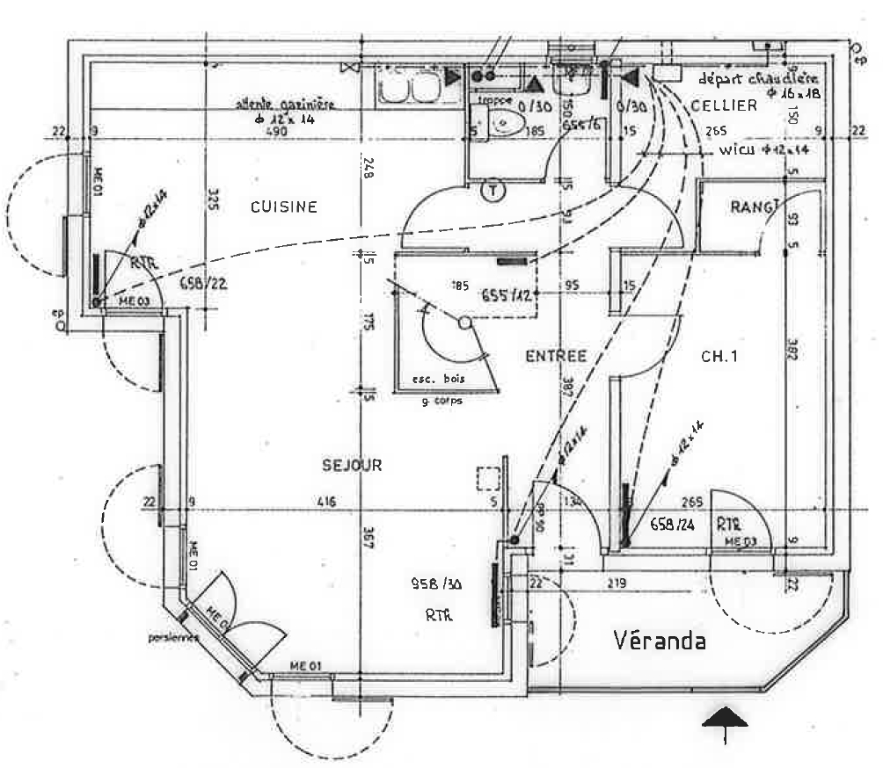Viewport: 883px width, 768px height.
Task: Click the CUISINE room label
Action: click(x=283, y=207)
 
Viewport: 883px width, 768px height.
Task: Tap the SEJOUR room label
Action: click(x=352, y=465)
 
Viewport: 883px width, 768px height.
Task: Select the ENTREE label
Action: click(x=555, y=356)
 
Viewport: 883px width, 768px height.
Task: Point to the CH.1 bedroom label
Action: click(x=718, y=357)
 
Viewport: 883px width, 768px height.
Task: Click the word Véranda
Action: click(x=659, y=641)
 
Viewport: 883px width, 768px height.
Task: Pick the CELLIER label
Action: click(x=723, y=105)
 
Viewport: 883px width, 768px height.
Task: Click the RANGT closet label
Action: click(x=755, y=207)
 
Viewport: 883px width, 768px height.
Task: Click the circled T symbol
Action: click(x=493, y=189)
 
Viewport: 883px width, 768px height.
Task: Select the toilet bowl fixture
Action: click(x=506, y=125)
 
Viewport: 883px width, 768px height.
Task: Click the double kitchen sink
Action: click(x=408, y=86)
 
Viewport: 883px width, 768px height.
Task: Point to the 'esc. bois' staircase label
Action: click(x=438, y=380)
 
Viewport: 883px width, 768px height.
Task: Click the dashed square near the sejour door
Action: click(x=488, y=479)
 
